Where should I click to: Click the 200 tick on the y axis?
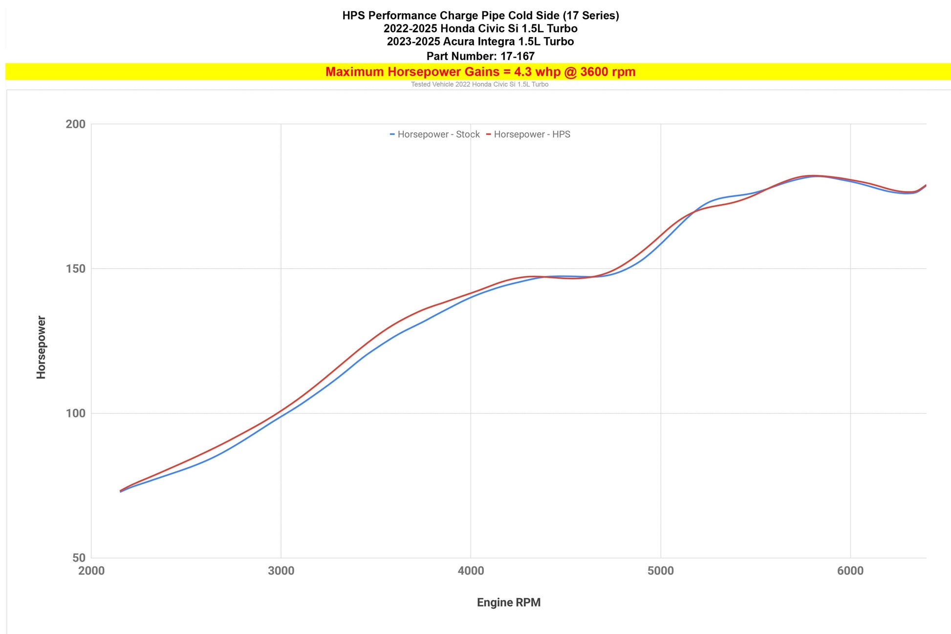(75, 124)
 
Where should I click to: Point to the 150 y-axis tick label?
(75, 269)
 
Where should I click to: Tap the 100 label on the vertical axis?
(75, 414)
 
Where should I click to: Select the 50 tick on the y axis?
(79, 558)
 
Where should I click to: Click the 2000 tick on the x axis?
(91, 570)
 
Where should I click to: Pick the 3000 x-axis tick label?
(281, 570)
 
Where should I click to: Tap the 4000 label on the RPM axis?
(471, 570)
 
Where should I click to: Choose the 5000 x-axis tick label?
(661, 570)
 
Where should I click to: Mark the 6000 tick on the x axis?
(850, 570)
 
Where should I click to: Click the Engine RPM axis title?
(509, 603)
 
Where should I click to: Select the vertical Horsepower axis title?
(42, 347)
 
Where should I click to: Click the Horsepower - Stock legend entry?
(435, 134)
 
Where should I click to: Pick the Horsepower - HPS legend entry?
(528, 134)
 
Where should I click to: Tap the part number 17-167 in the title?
(518, 56)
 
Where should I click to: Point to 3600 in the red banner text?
(595, 72)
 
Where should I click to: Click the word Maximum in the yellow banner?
(355, 72)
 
